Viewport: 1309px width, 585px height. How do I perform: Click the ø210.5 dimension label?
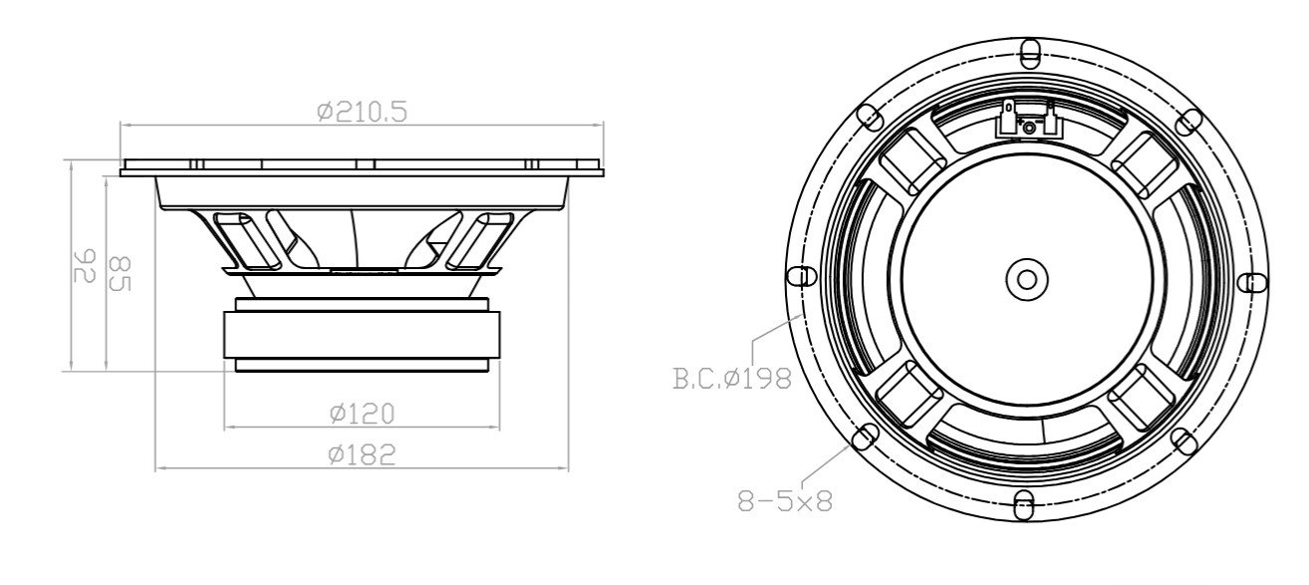click(x=362, y=112)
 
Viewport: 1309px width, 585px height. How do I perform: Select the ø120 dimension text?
click(x=362, y=412)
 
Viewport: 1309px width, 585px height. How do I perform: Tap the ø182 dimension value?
click(x=362, y=454)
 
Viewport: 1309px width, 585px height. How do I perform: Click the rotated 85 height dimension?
click(x=119, y=273)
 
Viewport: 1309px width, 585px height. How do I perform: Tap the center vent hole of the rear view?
click(x=1026, y=278)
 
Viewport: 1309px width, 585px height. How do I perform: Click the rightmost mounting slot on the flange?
click(x=1252, y=282)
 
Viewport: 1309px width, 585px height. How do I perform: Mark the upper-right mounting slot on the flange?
click(x=1186, y=121)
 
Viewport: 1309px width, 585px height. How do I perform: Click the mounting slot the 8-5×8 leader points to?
click(x=866, y=436)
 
